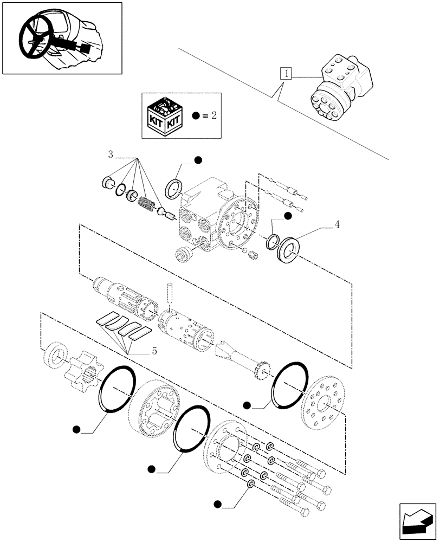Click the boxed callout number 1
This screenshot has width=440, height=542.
(x=286, y=74)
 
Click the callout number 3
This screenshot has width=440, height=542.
(x=111, y=154)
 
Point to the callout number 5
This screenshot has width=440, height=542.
(x=154, y=352)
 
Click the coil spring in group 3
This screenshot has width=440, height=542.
(x=145, y=204)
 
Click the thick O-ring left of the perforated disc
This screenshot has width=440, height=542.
(x=290, y=384)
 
